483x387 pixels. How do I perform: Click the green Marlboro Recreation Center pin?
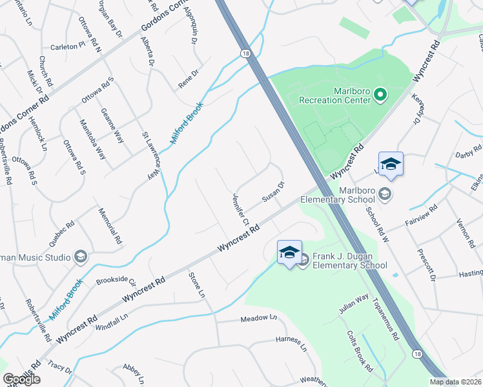click(380, 96)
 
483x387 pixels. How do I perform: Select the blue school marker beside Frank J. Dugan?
click(289, 252)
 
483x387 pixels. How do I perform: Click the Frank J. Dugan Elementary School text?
click(349, 261)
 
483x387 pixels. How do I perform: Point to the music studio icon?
click(81, 257)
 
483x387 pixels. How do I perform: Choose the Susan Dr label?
click(273, 193)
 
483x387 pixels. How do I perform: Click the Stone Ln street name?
click(196, 285)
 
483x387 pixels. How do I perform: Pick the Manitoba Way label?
click(92, 139)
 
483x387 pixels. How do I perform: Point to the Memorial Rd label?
click(110, 225)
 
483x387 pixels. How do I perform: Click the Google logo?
click(22, 379)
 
